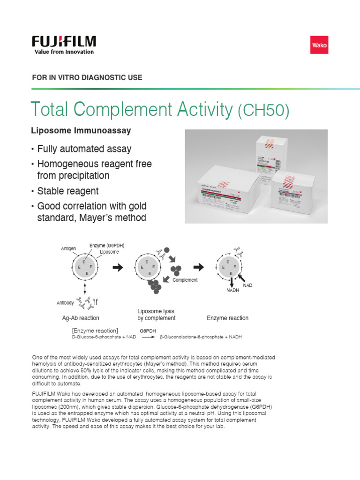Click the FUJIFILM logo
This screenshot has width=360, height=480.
[64, 41]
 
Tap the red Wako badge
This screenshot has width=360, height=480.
[320, 46]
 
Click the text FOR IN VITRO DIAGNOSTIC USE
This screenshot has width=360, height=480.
[87, 77]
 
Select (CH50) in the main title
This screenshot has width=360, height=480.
[263, 111]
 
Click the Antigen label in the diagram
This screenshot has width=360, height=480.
[68, 248]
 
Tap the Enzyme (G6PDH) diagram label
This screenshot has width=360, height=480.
[107, 246]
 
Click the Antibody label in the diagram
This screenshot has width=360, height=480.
[65, 303]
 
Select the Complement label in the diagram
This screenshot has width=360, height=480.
[185, 280]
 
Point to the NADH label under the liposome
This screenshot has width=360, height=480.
[233, 291]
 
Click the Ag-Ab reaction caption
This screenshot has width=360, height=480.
[81, 318]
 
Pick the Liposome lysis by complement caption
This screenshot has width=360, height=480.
[156, 315]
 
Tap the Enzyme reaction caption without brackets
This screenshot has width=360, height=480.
[227, 318]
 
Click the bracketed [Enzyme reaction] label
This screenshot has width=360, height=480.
[95, 330]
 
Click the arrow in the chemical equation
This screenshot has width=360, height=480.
[148, 337]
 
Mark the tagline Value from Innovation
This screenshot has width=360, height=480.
[64, 52]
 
